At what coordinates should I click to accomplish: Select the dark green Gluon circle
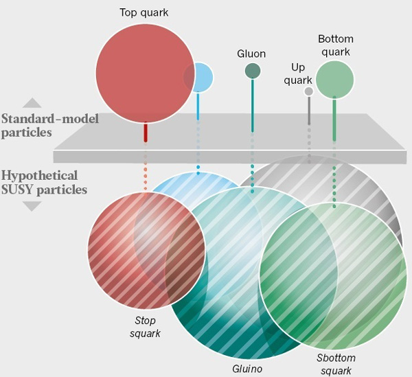point(253,71)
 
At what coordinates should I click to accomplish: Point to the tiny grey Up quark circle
point(309,91)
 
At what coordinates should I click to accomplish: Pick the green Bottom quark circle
point(335,79)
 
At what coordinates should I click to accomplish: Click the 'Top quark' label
point(144,12)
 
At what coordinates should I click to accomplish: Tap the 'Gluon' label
point(251,54)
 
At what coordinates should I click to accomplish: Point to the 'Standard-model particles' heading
point(50,126)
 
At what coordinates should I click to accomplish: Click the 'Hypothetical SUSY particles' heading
point(45,183)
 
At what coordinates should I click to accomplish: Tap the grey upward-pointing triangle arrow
point(32,103)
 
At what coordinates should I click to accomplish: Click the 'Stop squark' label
point(145,327)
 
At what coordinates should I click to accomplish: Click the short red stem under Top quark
point(146,133)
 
